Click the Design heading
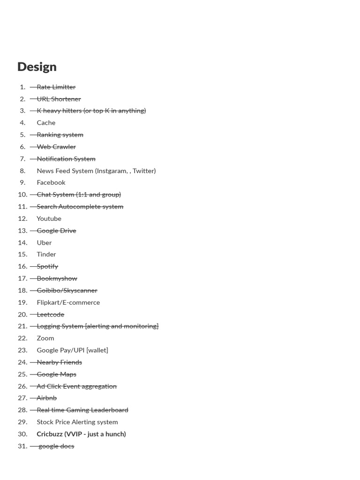37,67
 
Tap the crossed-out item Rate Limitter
56,87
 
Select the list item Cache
46,122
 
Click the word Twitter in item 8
143,171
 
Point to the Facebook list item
51,182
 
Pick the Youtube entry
49,218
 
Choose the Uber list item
44,242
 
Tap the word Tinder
46,254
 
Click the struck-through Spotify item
47,266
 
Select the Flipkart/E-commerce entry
68,302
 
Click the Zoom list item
45,338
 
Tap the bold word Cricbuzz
50,434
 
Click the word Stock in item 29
45,422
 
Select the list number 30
22,434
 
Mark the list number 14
22,242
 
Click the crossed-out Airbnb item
46,398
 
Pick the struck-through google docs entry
56,446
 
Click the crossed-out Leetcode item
50,315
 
